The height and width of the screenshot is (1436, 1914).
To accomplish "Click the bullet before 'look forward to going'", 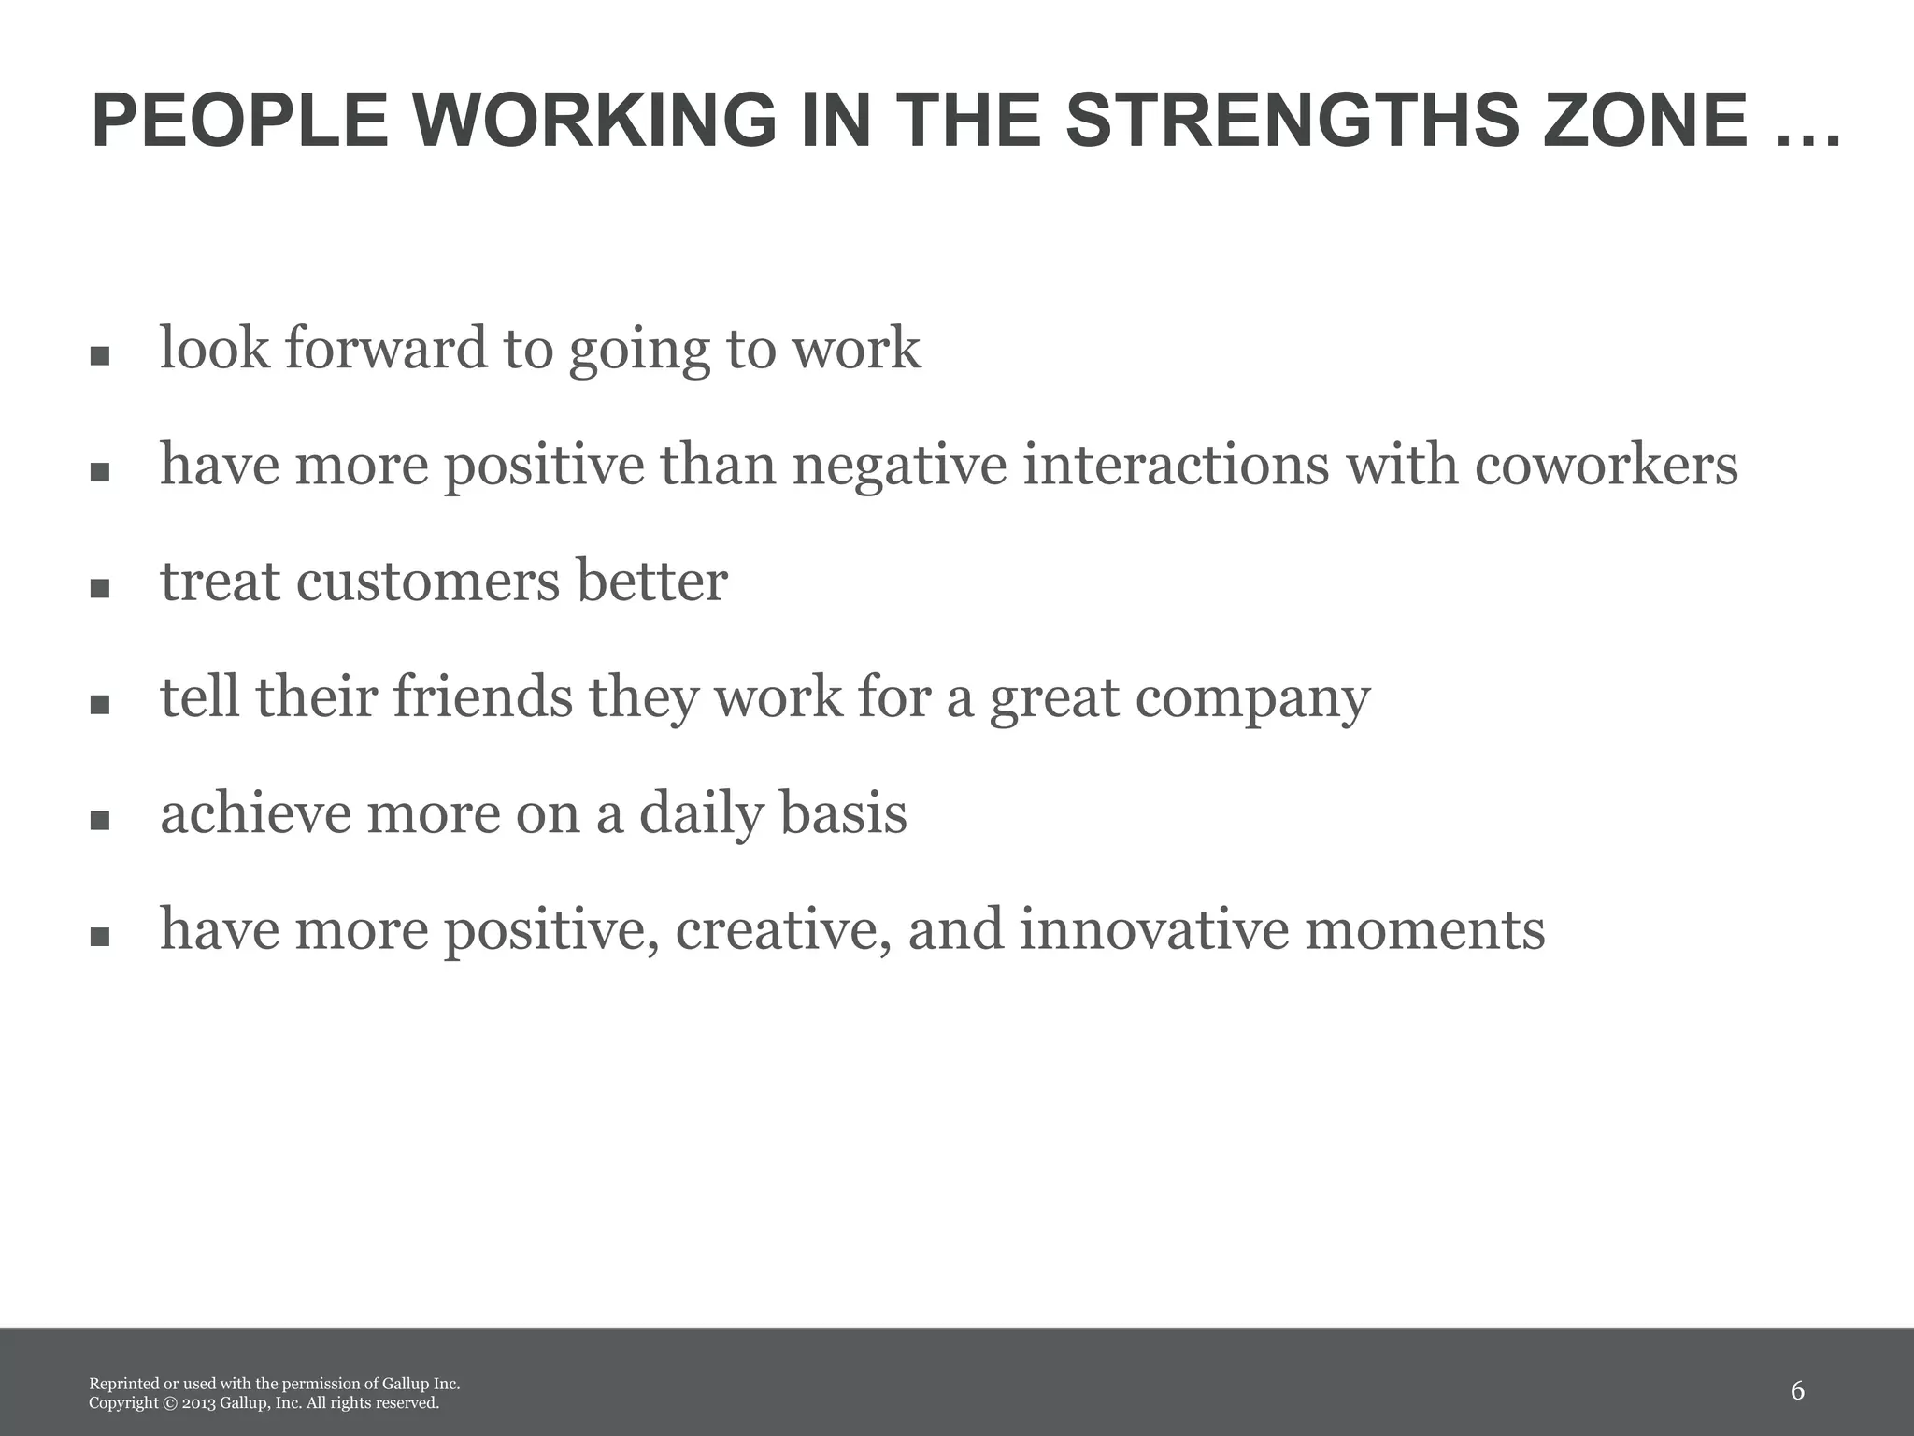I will [100, 356].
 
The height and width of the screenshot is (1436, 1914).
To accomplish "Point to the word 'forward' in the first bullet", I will [386, 348].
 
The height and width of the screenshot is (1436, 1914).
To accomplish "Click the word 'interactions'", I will [1175, 465].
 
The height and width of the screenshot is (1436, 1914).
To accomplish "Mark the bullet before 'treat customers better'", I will [100, 589].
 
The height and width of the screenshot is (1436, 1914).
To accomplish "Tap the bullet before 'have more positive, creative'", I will [100, 938].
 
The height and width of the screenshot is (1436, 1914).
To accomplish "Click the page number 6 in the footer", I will [1797, 1391].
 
